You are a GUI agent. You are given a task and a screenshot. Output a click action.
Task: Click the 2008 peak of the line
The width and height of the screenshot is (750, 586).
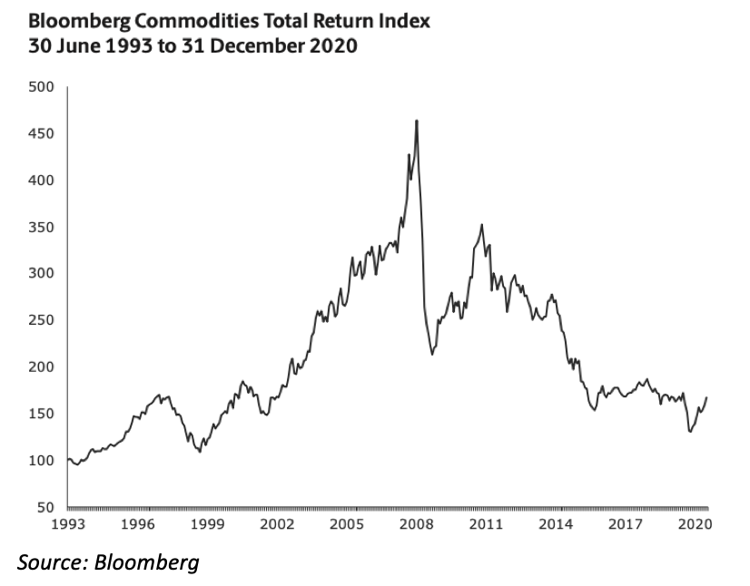coord(416,121)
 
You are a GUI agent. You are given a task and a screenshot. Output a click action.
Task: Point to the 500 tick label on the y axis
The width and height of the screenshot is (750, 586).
coord(44,87)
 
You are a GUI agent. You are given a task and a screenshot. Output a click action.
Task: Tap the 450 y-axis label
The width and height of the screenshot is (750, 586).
coord(44,134)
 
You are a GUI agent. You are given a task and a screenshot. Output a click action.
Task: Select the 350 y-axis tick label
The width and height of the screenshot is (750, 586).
coord(44,228)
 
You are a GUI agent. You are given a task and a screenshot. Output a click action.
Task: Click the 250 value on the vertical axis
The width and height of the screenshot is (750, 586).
coord(44,320)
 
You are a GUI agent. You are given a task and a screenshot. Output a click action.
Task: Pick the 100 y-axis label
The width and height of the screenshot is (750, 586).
coord(44,460)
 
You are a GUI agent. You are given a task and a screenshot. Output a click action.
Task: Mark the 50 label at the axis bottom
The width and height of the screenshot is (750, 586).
coord(47,507)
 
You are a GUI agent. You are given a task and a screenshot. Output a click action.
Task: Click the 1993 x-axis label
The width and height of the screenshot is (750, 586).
coord(68,524)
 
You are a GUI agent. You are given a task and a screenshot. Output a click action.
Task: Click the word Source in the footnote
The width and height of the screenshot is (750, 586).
coord(50,562)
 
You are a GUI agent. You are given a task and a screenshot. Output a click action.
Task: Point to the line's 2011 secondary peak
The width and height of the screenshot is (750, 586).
coord(481,225)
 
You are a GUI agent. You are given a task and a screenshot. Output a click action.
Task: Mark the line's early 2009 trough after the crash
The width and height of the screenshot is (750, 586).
coord(432,354)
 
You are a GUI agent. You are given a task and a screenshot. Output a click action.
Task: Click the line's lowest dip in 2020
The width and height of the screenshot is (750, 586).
coord(690,432)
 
